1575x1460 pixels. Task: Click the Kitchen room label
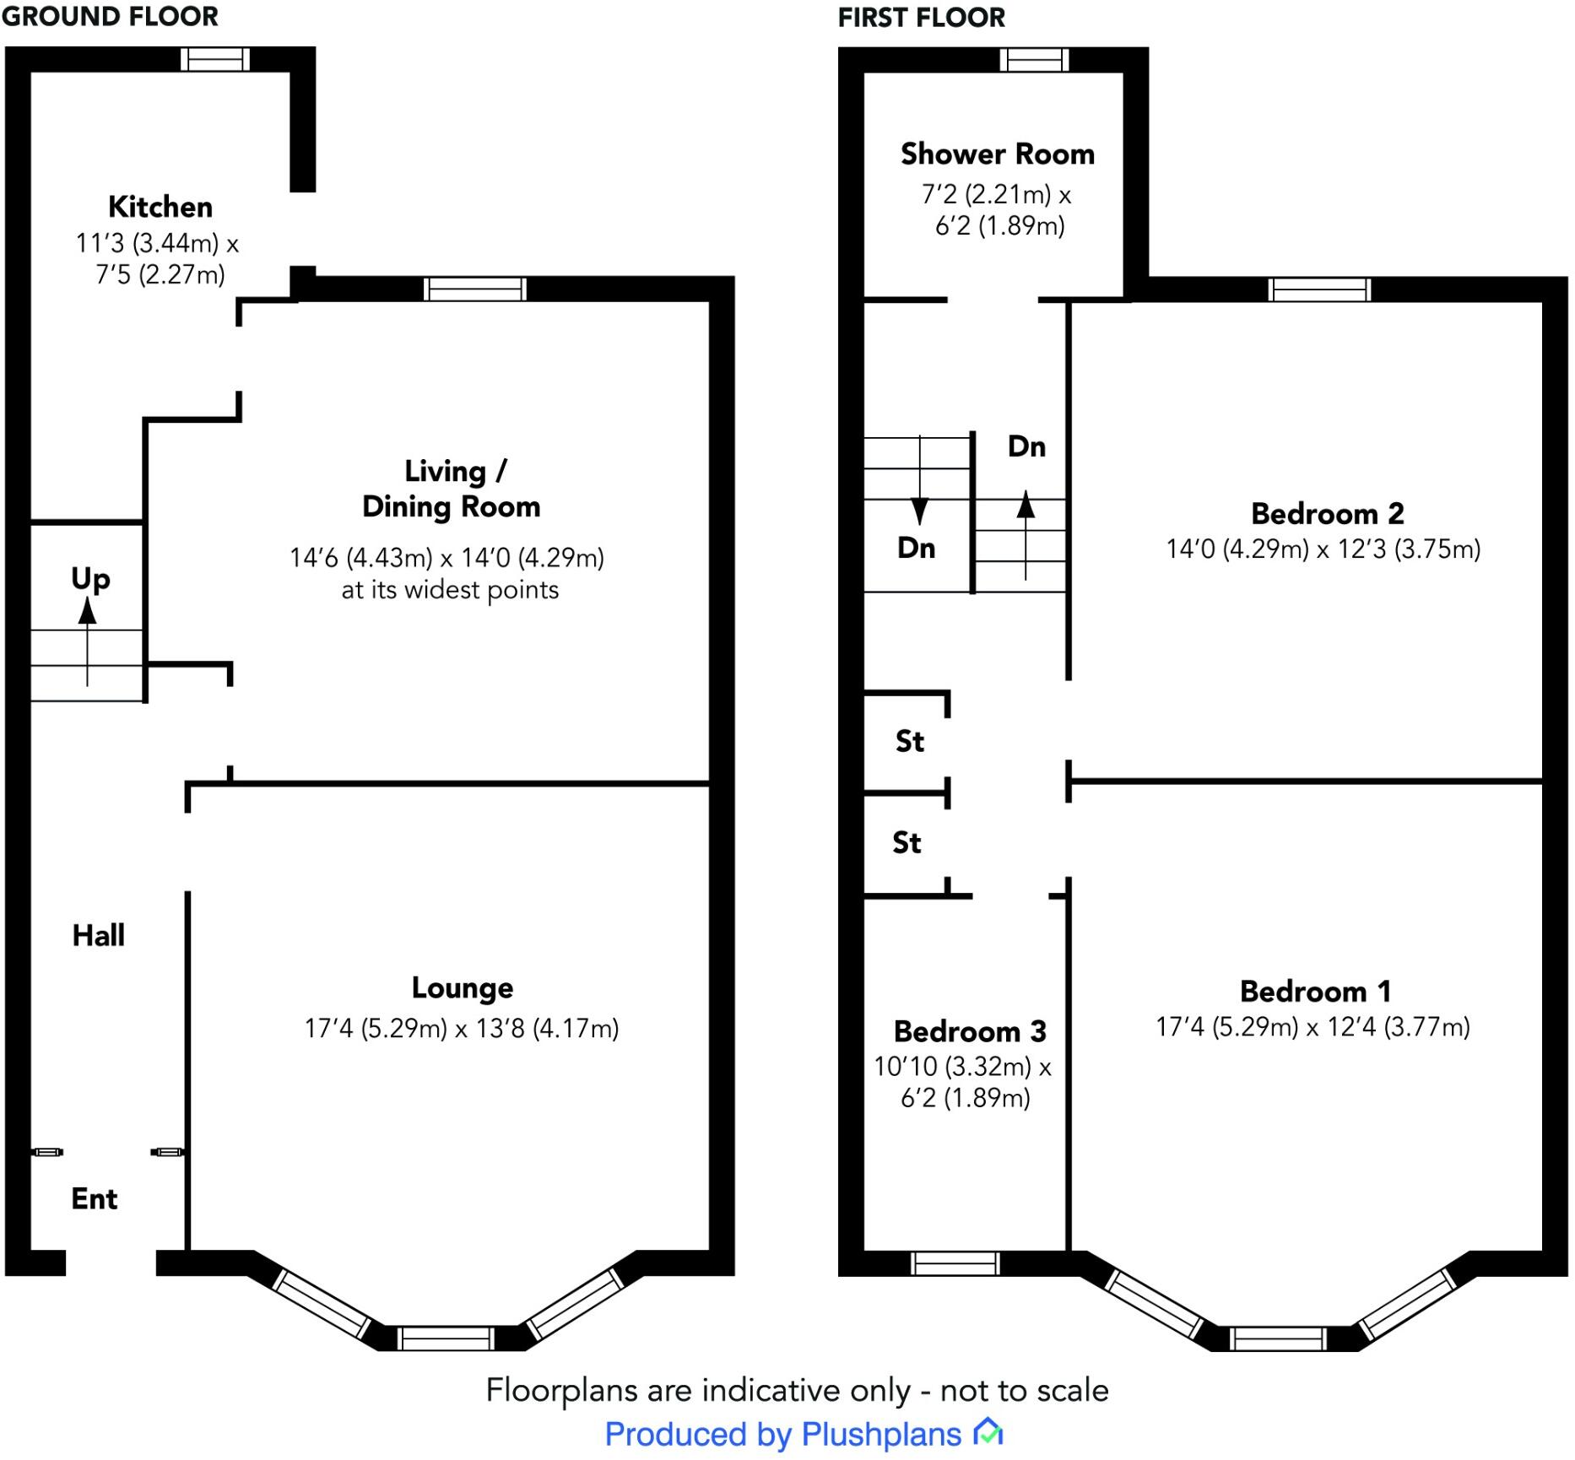tap(160, 207)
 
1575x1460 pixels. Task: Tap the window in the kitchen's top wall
tap(215, 59)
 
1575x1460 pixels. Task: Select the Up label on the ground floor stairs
tap(90, 580)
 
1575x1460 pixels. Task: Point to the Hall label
tap(99, 935)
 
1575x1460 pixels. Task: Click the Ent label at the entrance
tap(95, 1198)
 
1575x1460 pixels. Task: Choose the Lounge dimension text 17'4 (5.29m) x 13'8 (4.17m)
tap(462, 1028)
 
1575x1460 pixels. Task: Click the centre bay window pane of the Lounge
tap(445, 1338)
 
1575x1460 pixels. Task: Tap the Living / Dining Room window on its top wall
tap(474, 289)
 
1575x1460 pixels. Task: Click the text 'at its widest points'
tap(450, 590)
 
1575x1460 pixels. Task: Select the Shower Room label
tap(998, 154)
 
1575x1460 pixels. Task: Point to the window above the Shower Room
tap(1034, 60)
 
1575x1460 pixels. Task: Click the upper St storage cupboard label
tap(910, 741)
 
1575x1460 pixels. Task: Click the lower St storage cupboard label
tap(907, 842)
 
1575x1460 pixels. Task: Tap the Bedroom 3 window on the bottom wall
tap(955, 1263)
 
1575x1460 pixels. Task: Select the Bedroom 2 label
tap(1327, 513)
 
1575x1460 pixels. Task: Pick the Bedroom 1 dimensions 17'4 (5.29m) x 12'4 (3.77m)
tap(1312, 1026)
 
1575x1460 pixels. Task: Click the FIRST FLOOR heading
tap(922, 17)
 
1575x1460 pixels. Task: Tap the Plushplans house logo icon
tap(988, 1432)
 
